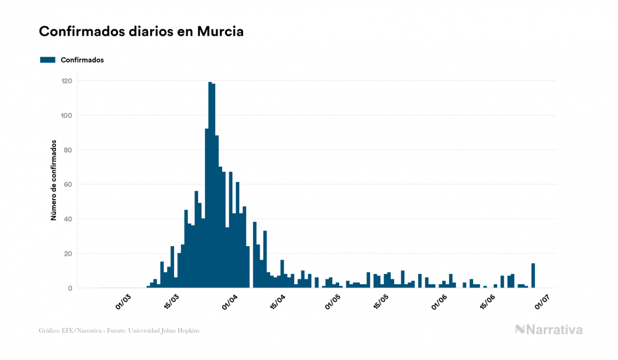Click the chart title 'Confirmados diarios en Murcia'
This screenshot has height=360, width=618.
coord(141,32)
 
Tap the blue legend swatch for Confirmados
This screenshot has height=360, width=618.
coord(48,60)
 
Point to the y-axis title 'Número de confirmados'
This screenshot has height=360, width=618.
coord(53,180)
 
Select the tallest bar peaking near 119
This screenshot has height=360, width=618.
coord(210,187)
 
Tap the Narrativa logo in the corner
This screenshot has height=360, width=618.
coord(549,330)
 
